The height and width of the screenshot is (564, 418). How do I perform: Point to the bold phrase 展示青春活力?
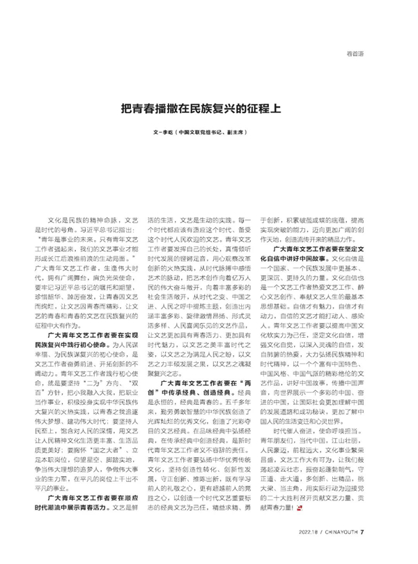(x=97, y=507)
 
